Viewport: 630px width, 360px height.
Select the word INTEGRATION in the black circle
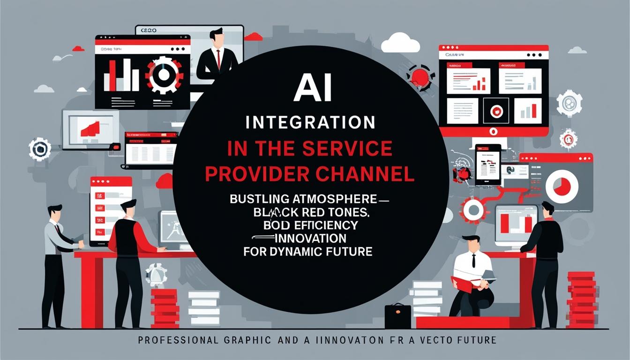311,123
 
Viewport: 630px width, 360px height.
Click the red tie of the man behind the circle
217,59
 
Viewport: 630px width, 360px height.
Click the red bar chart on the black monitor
119,75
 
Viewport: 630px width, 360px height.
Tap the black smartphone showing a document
487,165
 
